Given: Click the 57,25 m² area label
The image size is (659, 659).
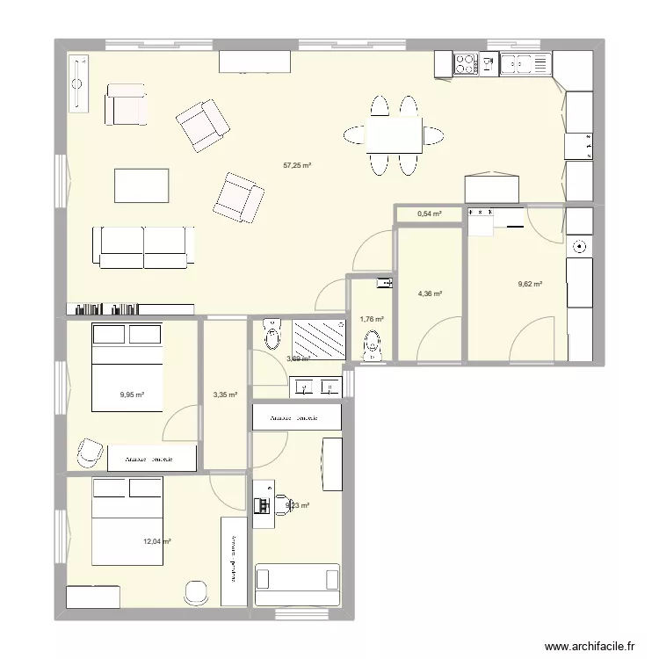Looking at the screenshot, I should point(298,164).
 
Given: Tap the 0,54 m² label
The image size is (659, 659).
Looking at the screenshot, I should point(429,214).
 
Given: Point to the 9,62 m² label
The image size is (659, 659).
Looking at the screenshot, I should point(530,284).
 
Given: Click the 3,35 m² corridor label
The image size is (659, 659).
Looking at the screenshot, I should point(226,395).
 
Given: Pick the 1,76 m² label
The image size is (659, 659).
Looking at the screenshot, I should point(372,319).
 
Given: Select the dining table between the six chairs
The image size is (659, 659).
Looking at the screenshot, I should point(394,135).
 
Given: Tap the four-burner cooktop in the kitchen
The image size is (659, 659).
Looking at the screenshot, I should point(466,63).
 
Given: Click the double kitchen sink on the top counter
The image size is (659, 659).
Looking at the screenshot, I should point(525,63).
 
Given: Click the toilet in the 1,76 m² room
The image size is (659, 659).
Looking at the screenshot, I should point(373,345).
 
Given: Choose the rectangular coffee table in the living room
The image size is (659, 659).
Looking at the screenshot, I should point(141,185).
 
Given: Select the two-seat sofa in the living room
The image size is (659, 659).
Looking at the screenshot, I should point(143,246).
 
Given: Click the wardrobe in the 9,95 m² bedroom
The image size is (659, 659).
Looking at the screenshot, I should point(148,459).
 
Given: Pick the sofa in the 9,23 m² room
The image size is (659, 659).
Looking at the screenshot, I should point(296,584).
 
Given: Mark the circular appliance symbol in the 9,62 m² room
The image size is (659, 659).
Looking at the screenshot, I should point(579,247).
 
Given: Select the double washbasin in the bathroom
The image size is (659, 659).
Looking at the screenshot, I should point(315,386).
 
